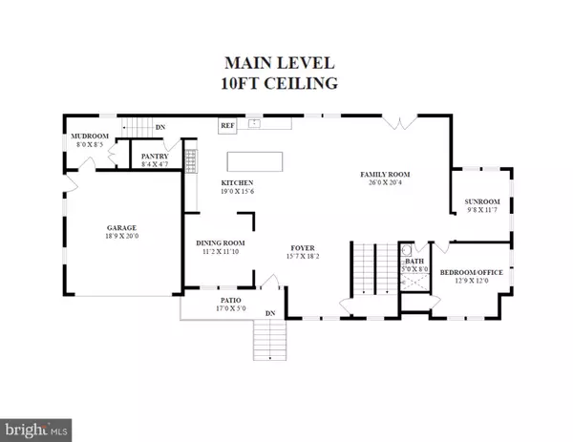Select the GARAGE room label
click(x=122, y=228)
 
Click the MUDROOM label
click(x=84, y=137)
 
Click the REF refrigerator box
click(x=228, y=125)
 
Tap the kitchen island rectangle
click(x=255, y=159)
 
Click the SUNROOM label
click(x=482, y=201)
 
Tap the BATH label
click(x=414, y=261)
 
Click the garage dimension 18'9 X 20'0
click(x=122, y=237)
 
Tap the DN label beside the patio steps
click(x=270, y=314)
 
